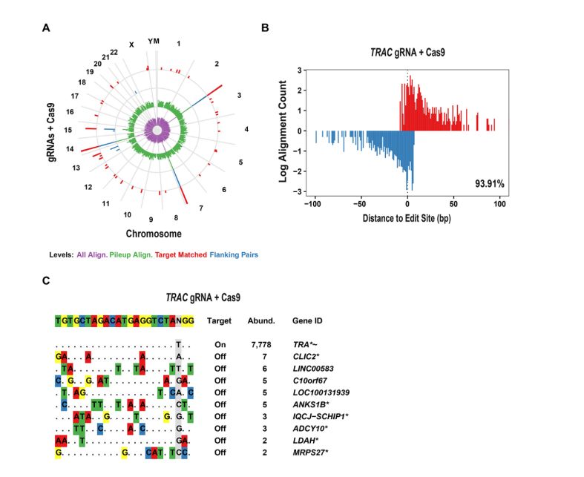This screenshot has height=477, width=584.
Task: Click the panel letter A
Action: tap(47, 29)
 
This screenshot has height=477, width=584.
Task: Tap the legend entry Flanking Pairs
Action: tap(234, 254)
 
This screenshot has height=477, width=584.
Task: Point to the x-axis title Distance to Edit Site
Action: tap(407, 219)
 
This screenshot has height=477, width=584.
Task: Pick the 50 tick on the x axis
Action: tap(453, 203)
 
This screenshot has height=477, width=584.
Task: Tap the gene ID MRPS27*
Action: tap(311, 452)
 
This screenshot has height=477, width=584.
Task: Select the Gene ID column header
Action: tap(308, 321)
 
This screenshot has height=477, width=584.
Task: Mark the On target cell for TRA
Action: tap(220, 345)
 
